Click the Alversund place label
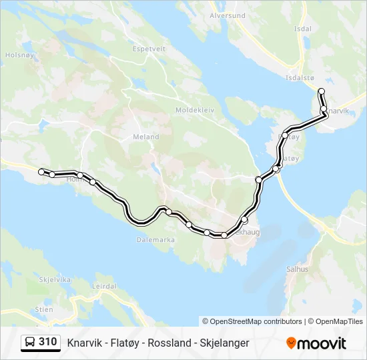(x=228, y=15)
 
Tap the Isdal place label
(x=302, y=29)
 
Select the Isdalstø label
(x=300, y=77)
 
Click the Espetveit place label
(x=149, y=49)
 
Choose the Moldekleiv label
(x=194, y=109)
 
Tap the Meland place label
(x=146, y=137)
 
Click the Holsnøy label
(x=15, y=55)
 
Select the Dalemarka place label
(x=155, y=239)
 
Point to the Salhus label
(x=298, y=269)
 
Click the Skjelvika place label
(x=55, y=279)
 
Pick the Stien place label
(x=44, y=309)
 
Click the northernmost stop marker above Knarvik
(x=321, y=91)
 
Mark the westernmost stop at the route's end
(x=41, y=171)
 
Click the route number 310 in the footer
(x=48, y=342)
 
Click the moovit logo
(x=316, y=343)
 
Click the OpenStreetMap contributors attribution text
(x=252, y=321)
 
